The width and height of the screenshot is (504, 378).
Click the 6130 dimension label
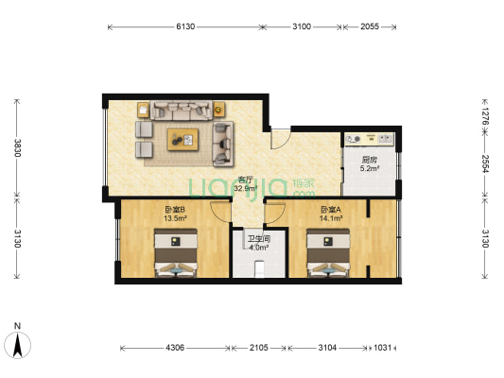185,26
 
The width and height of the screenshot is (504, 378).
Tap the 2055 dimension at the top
370,26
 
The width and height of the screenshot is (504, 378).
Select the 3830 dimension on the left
17,147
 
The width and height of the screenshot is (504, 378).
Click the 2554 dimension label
485,163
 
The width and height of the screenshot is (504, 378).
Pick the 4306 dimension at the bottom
175,348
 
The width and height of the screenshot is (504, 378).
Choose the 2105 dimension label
259,348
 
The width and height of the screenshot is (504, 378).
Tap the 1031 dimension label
383,348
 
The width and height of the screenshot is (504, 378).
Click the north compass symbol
18,345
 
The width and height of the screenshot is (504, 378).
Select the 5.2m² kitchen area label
370,168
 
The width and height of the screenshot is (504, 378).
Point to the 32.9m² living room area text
246,188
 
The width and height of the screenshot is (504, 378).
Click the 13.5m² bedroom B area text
175,218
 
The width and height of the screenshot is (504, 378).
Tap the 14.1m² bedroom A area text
331,218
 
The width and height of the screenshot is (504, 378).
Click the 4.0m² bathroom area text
259,248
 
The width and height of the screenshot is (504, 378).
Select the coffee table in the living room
182,139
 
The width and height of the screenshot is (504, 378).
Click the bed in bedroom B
176,252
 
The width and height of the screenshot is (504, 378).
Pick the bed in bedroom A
328,252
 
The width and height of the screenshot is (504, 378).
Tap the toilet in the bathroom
259,269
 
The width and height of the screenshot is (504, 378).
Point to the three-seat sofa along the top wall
182,111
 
